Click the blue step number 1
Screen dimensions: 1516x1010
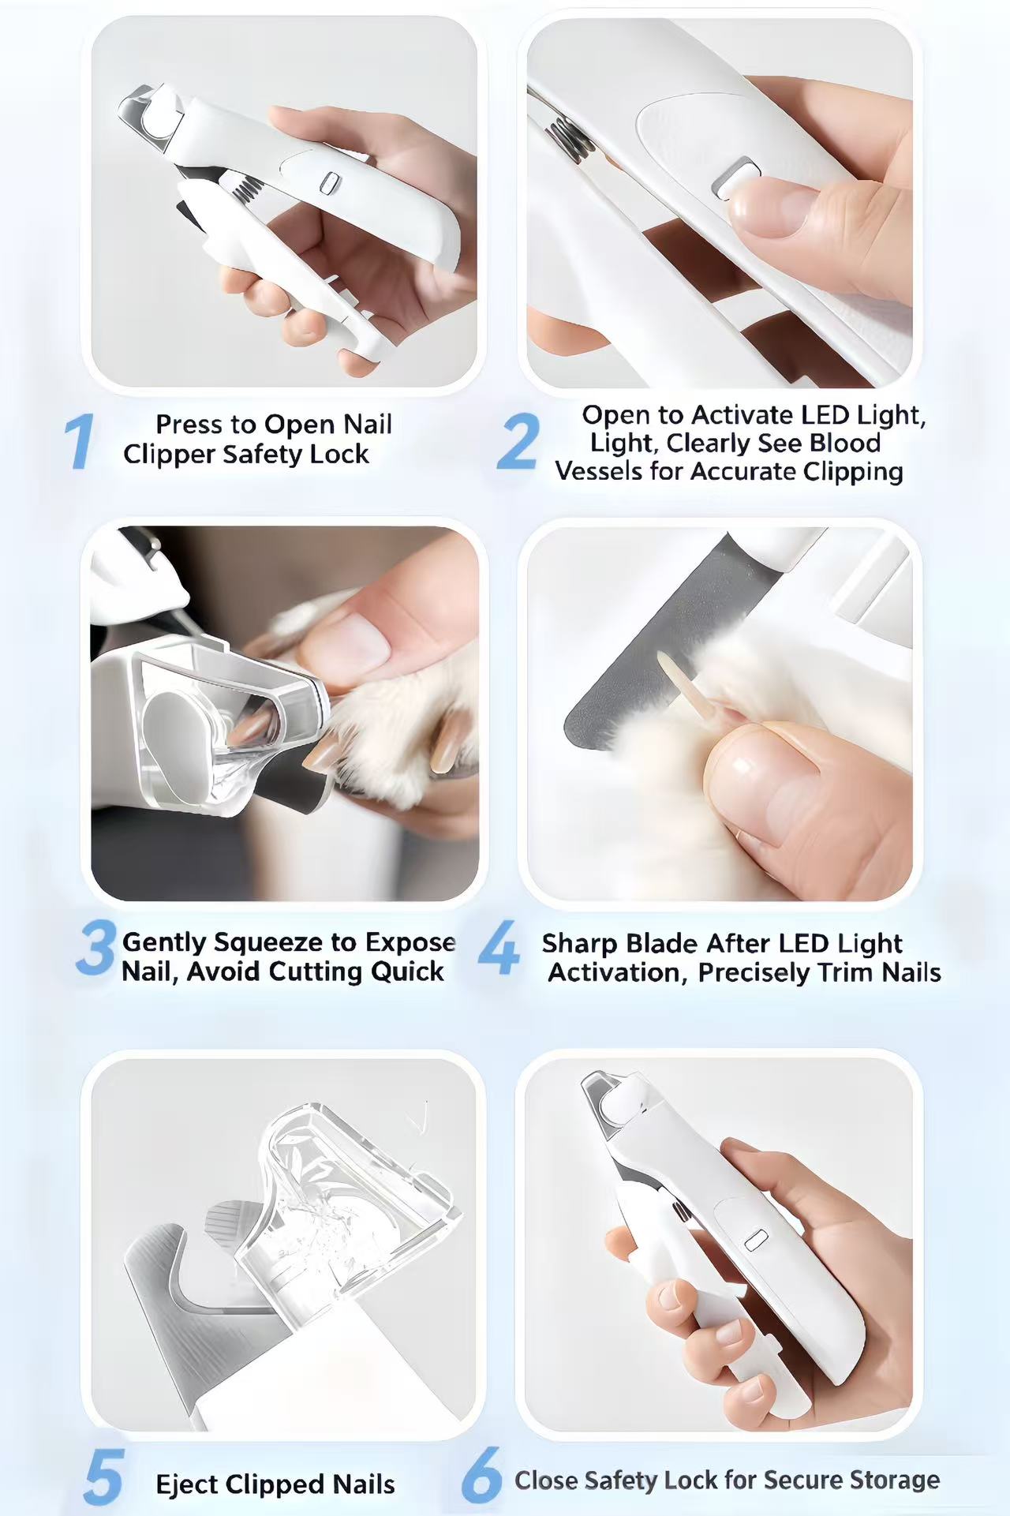click(x=79, y=442)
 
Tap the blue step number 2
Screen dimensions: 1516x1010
click(x=518, y=442)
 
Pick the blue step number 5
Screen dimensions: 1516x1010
click(x=103, y=1477)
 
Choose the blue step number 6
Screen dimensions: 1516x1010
click(x=481, y=1474)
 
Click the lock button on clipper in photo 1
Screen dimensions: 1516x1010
click(x=329, y=184)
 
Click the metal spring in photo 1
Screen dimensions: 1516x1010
click(x=247, y=188)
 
